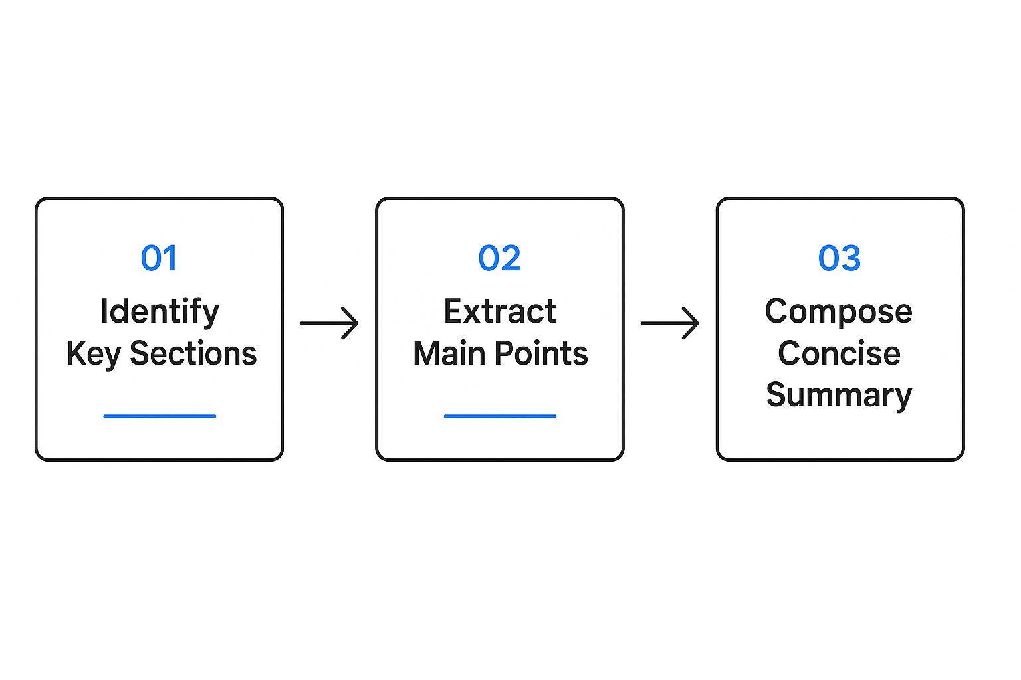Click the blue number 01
click(x=159, y=258)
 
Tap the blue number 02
click(x=500, y=258)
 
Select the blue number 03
click(x=840, y=258)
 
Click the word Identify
click(x=160, y=311)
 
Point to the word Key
click(x=93, y=354)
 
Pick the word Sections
click(x=193, y=353)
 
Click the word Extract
click(x=500, y=311)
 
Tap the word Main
click(x=449, y=353)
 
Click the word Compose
click(x=838, y=311)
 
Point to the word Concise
click(x=839, y=353)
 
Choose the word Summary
click(x=839, y=395)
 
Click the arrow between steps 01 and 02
click(x=329, y=323)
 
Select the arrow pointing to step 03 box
click(x=669, y=323)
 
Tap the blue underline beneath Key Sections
click(x=160, y=416)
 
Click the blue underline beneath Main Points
click(x=500, y=416)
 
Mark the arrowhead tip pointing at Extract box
click(x=357, y=323)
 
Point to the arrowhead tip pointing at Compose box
click(x=697, y=323)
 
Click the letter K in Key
click(x=75, y=353)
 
